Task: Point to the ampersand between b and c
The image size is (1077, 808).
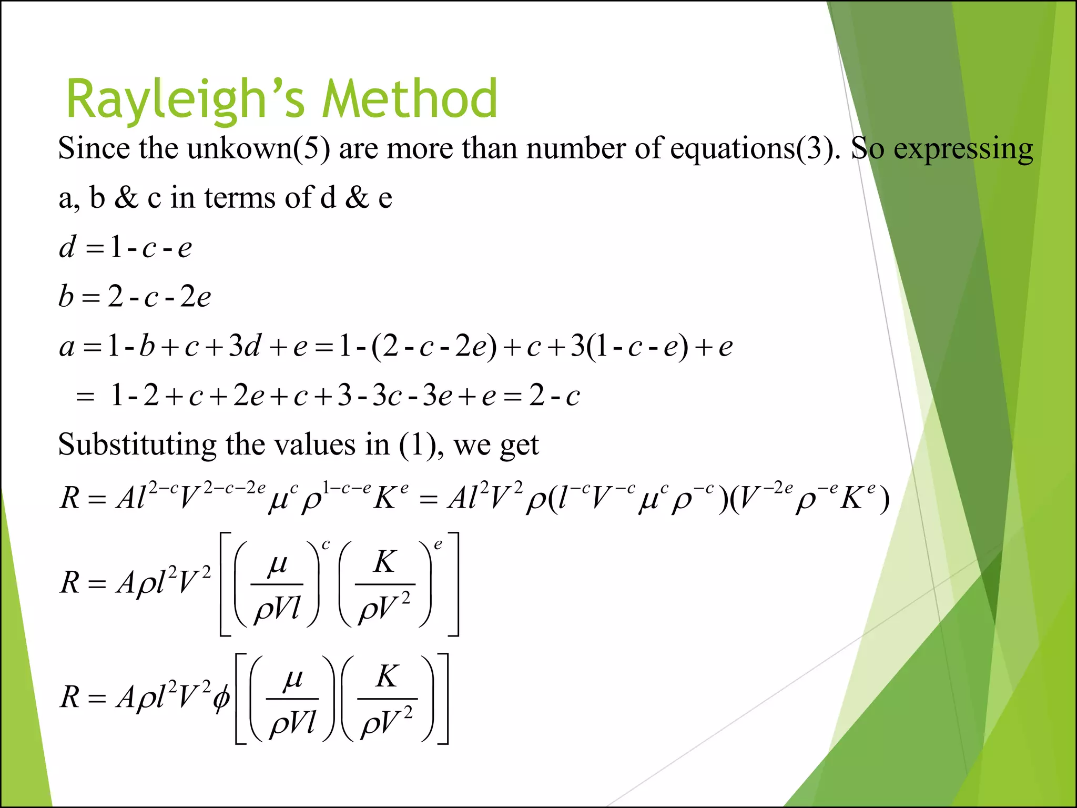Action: point(126,198)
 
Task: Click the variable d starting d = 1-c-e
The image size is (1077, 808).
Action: point(67,247)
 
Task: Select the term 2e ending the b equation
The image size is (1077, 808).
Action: point(195,297)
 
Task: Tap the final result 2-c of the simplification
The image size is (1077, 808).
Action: point(554,396)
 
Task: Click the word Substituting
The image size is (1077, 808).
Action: point(137,445)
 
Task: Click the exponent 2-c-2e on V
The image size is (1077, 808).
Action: point(234,488)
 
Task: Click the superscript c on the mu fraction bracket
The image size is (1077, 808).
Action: point(326,545)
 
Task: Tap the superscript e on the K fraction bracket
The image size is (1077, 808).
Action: point(438,545)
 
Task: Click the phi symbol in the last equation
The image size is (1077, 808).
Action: point(221,698)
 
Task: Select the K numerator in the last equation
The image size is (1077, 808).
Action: point(387,676)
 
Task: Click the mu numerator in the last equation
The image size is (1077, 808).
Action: point(292,679)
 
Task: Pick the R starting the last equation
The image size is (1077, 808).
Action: point(70,697)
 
